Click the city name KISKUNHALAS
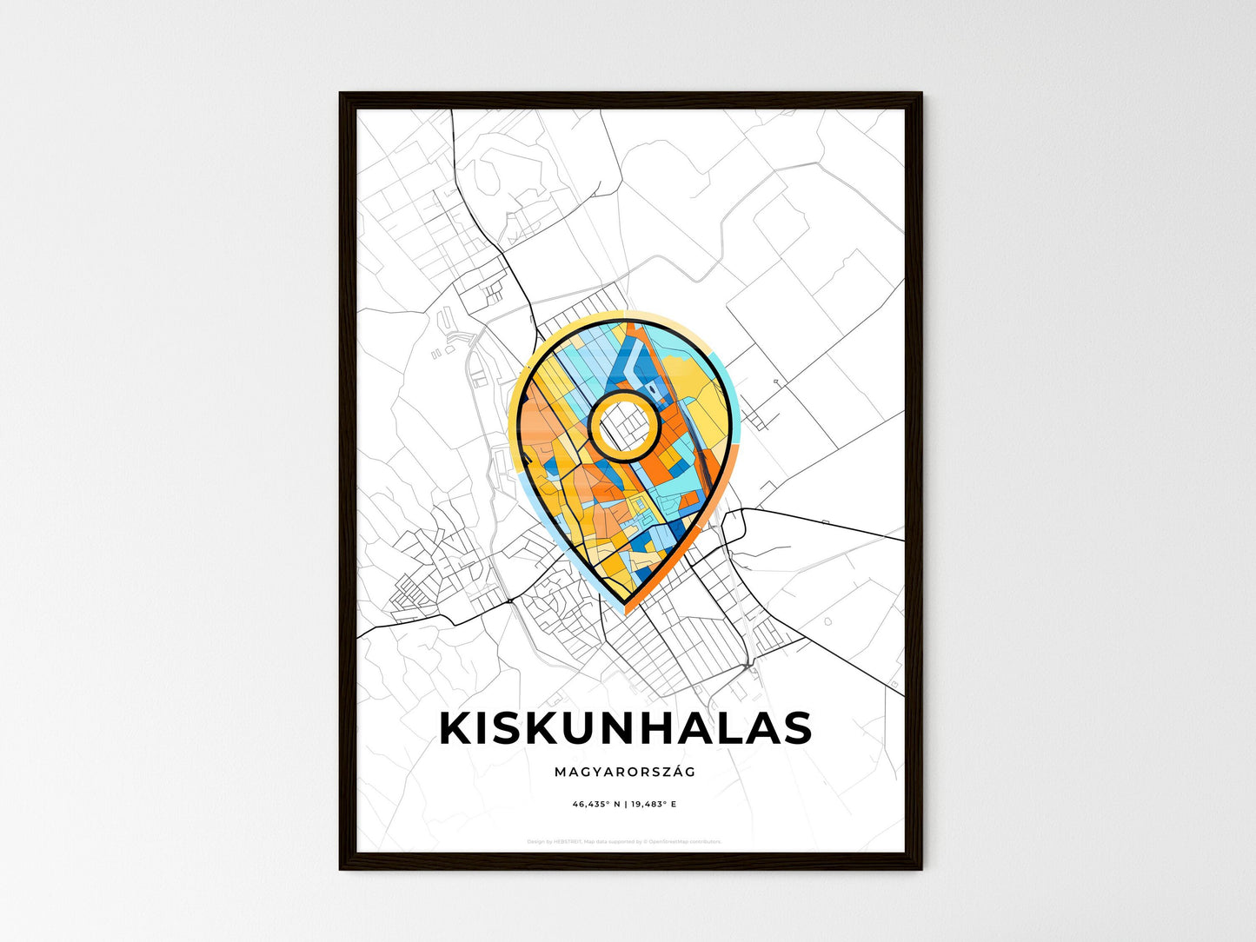[x=626, y=728]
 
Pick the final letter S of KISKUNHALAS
[x=795, y=728]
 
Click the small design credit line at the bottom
[x=624, y=841]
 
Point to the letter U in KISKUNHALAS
[x=579, y=728]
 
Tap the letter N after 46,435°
[x=617, y=805]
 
